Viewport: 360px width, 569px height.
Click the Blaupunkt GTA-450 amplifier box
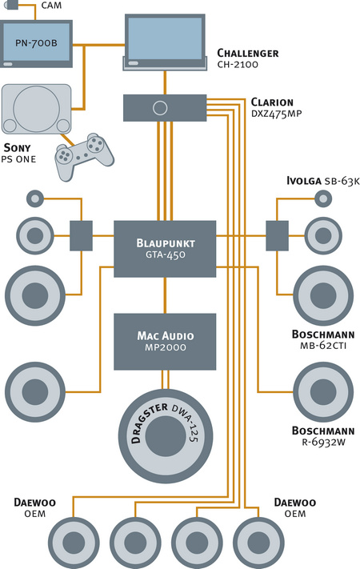pos(165,249)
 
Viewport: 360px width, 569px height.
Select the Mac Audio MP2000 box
pos(165,342)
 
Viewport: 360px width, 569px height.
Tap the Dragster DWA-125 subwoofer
pos(166,436)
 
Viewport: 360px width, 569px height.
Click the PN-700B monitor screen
pos(36,42)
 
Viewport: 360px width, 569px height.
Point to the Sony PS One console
pos(36,109)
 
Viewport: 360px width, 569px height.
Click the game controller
pos(84,156)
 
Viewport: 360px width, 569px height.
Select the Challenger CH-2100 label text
pos(248,58)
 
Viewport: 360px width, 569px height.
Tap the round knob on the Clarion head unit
pos(160,108)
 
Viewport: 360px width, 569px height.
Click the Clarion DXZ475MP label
pos(276,107)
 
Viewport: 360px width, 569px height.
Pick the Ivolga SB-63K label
pos(322,181)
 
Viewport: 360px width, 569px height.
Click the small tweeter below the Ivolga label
pos(322,198)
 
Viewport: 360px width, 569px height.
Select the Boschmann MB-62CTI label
pos(323,339)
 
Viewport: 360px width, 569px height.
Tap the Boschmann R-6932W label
pos(323,436)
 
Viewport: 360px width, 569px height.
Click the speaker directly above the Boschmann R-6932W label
pos(323,392)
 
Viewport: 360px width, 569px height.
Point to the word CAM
pos(51,6)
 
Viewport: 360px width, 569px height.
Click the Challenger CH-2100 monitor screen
pos(165,38)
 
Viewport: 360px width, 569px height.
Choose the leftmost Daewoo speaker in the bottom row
pos(74,543)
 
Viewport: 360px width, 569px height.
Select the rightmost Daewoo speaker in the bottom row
pos(258,543)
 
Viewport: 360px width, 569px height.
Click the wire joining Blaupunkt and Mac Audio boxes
pos(165,295)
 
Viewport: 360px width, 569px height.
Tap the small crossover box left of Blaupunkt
pos(81,236)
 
